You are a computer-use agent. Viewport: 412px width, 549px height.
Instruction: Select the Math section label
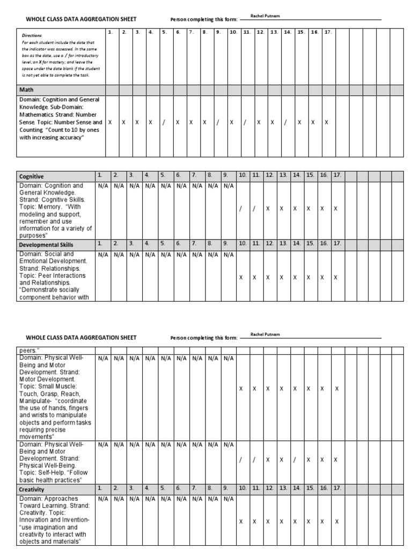point(27,90)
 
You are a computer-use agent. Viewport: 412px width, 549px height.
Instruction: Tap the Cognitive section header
point(32,176)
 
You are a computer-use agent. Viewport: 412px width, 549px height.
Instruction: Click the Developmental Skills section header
point(46,244)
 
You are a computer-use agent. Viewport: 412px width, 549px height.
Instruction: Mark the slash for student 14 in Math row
point(285,122)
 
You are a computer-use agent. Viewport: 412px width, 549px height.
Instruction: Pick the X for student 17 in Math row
point(326,122)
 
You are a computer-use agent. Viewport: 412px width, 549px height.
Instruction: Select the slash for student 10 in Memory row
point(241,209)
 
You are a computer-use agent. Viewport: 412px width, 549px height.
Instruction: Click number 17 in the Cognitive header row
point(336,175)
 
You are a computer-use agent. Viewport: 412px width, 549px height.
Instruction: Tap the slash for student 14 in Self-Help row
point(295,459)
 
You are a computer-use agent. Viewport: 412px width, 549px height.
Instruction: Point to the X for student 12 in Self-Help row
point(268,459)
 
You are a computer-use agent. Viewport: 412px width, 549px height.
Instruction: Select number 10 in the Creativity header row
point(242,488)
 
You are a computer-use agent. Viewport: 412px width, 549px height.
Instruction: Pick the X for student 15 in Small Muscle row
point(308,389)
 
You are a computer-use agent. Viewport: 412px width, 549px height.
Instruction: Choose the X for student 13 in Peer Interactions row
point(281,277)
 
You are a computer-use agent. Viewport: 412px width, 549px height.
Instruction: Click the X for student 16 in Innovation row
point(322,521)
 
